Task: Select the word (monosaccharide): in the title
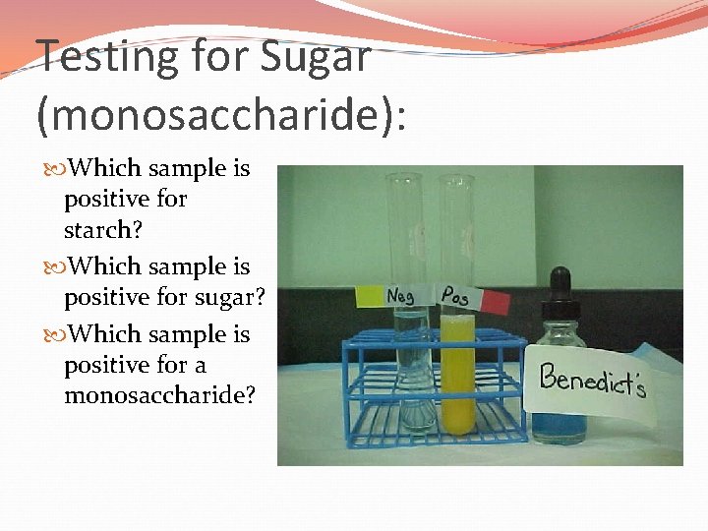(x=221, y=115)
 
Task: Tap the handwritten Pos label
(x=454, y=294)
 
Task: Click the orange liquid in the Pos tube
(x=456, y=374)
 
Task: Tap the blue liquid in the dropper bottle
(x=557, y=424)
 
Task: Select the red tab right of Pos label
(x=496, y=299)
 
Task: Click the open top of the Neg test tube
(x=403, y=178)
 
